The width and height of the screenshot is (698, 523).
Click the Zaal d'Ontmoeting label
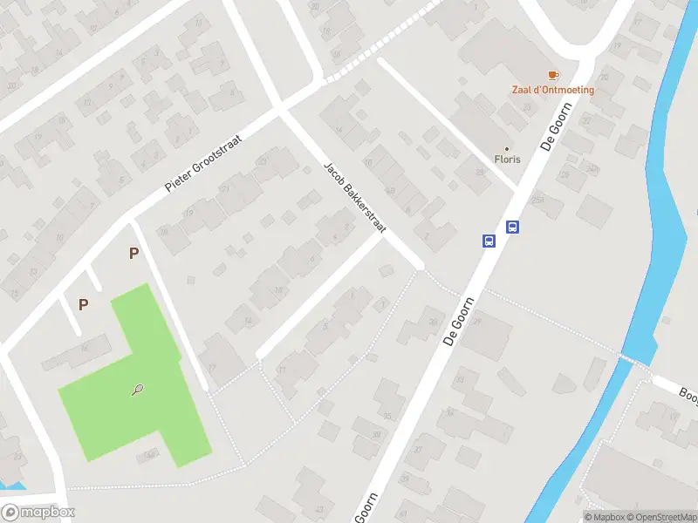tap(552, 90)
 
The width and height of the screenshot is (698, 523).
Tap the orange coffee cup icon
tap(552, 76)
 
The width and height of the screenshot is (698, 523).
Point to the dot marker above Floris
tap(507, 148)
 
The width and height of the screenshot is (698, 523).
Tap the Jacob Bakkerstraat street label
tap(354, 198)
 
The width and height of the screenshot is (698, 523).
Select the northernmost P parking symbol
tap(133, 254)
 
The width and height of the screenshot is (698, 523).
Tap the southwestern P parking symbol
tap(84, 304)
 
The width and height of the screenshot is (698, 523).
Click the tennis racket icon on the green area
tap(139, 391)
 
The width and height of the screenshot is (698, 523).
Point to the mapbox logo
tap(38, 513)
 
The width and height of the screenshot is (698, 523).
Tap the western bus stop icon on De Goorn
tap(489, 241)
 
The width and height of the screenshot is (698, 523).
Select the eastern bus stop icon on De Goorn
tap(513, 228)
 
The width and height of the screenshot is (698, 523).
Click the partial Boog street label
tap(687, 394)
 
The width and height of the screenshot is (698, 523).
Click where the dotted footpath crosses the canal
tap(635, 359)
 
